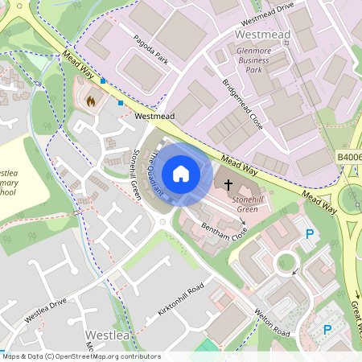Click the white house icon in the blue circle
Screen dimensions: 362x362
point(181,173)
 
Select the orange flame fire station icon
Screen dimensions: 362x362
point(91,102)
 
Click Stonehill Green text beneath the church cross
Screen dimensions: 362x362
point(247,204)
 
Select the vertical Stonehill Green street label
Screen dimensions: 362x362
point(135,174)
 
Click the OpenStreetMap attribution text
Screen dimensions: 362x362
point(81,356)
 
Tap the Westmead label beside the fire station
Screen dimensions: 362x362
point(155,117)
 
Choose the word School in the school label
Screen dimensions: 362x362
point(6,193)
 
